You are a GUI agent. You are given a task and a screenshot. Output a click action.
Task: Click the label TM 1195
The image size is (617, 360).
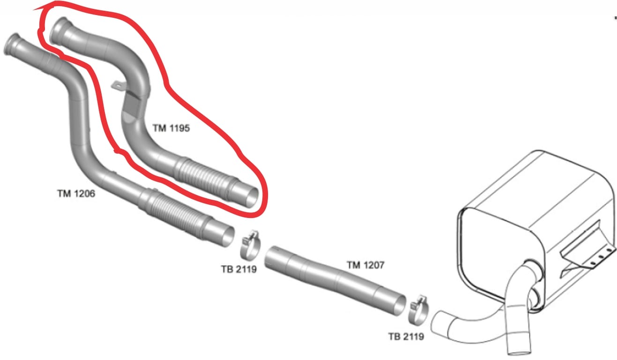[171, 128]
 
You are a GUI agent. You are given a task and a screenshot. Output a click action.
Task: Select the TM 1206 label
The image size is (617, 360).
[76, 194]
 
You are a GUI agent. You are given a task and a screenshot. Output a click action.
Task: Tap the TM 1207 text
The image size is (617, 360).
[365, 265]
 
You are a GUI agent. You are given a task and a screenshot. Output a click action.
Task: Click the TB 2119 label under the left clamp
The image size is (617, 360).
[239, 269]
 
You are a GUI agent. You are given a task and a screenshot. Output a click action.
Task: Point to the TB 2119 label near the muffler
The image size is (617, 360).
[406, 337]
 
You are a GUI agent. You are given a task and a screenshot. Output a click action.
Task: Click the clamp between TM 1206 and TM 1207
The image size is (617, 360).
[250, 245]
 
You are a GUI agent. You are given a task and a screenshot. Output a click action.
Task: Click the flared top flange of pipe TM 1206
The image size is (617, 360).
[12, 44]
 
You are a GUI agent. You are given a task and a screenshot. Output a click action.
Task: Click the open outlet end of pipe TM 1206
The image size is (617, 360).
[228, 237]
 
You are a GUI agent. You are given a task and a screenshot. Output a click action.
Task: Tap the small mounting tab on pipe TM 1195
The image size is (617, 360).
[117, 85]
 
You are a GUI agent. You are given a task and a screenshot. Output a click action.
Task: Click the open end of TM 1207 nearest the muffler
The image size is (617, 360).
[398, 306]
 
